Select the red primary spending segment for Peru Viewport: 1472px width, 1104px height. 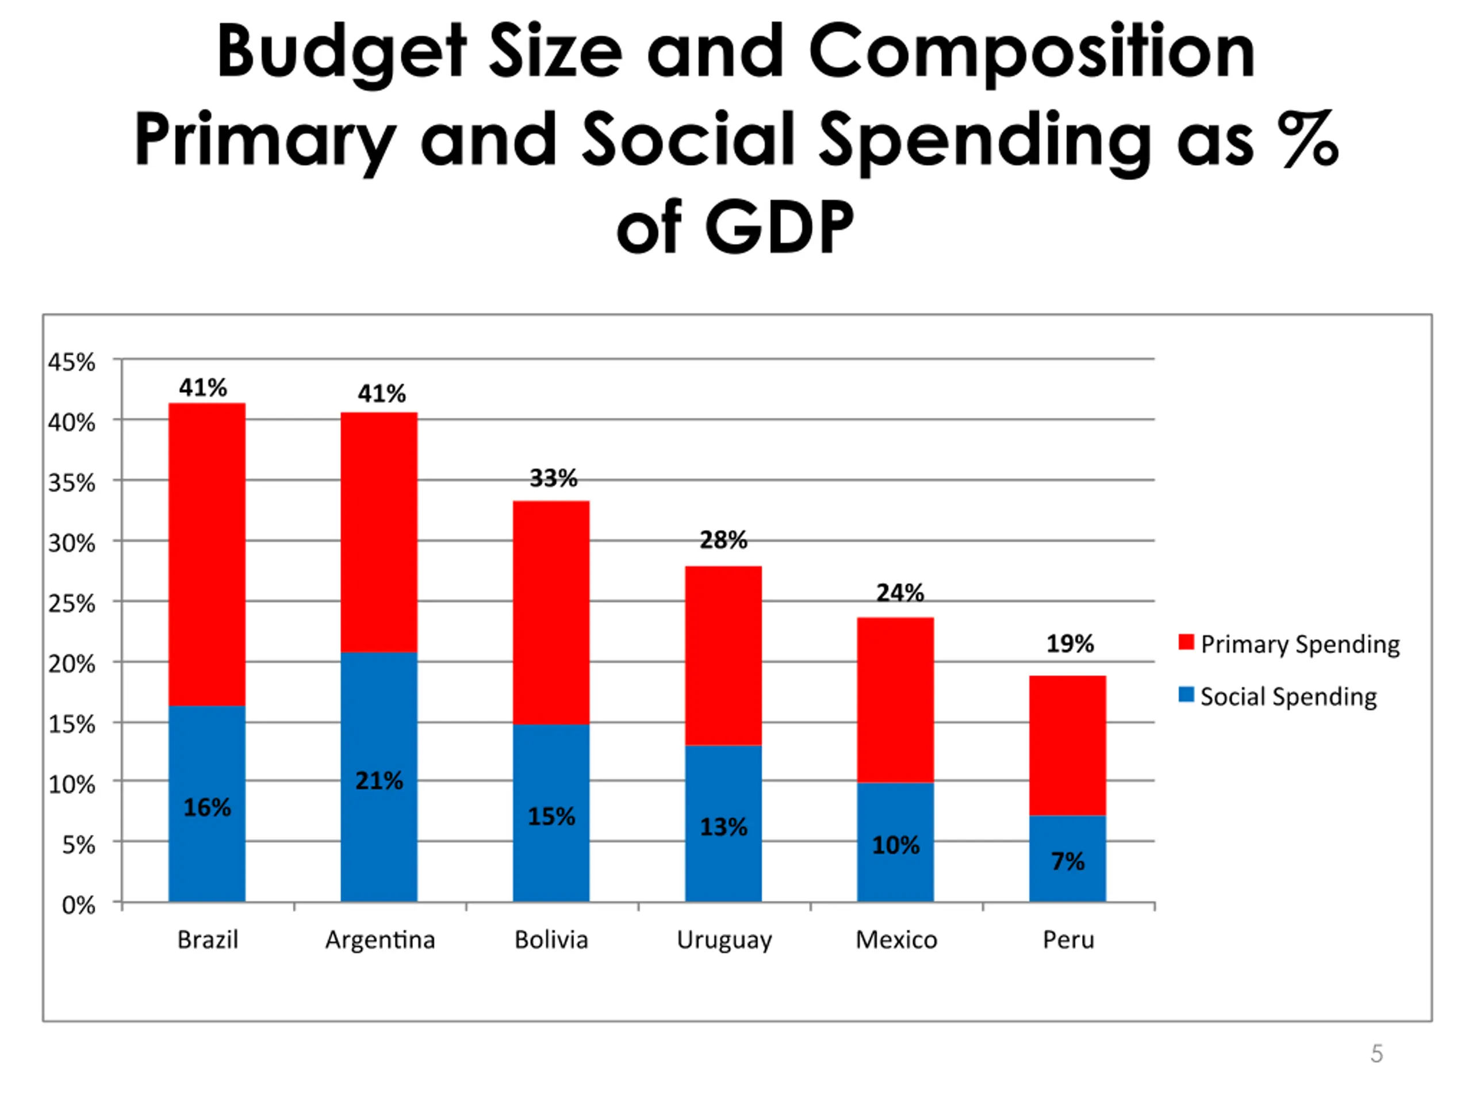pos(1067,745)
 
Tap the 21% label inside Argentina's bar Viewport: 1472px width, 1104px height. pos(379,781)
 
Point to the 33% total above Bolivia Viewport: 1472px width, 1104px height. pos(553,478)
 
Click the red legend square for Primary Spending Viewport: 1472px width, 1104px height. pos(1186,642)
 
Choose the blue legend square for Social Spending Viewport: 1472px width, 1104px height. pos(1186,695)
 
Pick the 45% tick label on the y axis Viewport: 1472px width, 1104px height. pos(72,363)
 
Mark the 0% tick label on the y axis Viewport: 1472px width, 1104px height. pos(79,905)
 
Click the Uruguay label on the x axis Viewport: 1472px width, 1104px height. pos(724,940)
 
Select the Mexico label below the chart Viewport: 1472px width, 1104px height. pos(896,940)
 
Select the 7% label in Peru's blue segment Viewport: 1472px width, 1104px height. pos(1067,861)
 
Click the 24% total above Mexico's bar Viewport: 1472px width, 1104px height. pos(900,592)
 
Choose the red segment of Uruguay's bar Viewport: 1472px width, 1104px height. pos(723,655)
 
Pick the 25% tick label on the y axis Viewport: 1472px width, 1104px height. pos(72,604)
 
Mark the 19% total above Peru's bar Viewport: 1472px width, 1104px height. pos(1070,643)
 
